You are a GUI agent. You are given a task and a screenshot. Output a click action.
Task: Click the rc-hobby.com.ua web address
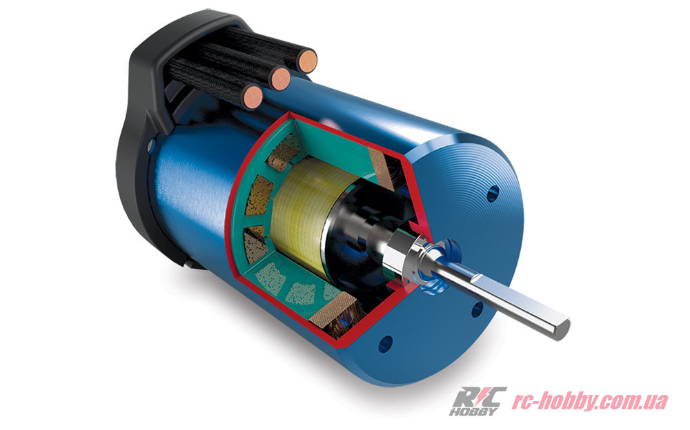coord(589,400)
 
